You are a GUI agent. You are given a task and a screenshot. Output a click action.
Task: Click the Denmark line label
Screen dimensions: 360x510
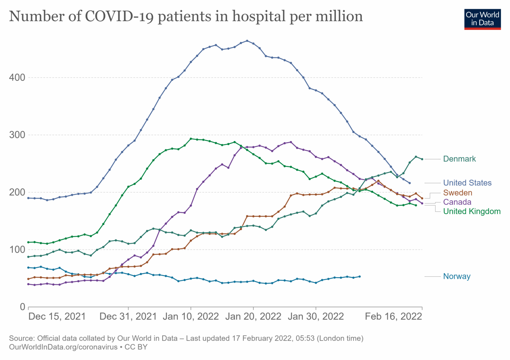click(x=459, y=159)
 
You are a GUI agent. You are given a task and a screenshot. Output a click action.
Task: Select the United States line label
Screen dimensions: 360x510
click(x=467, y=183)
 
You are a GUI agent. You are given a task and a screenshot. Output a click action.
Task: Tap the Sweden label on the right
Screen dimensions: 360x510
click(x=457, y=193)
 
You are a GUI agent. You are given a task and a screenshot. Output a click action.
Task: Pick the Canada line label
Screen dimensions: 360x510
click(x=457, y=202)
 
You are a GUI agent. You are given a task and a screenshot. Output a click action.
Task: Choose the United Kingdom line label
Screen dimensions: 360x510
click(x=472, y=211)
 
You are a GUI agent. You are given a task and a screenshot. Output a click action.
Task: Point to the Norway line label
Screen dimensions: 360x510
click(x=457, y=276)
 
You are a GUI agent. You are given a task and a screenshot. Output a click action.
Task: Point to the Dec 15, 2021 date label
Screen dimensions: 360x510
click(x=57, y=317)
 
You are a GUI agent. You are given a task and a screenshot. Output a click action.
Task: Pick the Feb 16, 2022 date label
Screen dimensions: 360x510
click(x=393, y=317)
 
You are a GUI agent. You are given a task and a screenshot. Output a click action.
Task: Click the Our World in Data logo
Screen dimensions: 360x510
click(x=482, y=18)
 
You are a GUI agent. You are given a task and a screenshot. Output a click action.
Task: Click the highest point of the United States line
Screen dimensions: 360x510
click(x=247, y=41)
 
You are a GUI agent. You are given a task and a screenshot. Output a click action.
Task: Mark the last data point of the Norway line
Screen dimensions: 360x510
click(x=359, y=276)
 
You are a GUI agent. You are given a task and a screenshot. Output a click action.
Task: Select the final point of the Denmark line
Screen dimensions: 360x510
click(x=422, y=159)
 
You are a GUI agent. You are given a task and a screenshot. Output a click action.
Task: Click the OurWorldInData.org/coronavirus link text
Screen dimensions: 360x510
click(x=63, y=347)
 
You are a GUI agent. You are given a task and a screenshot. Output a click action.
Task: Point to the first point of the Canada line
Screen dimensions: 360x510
click(x=28, y=284)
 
